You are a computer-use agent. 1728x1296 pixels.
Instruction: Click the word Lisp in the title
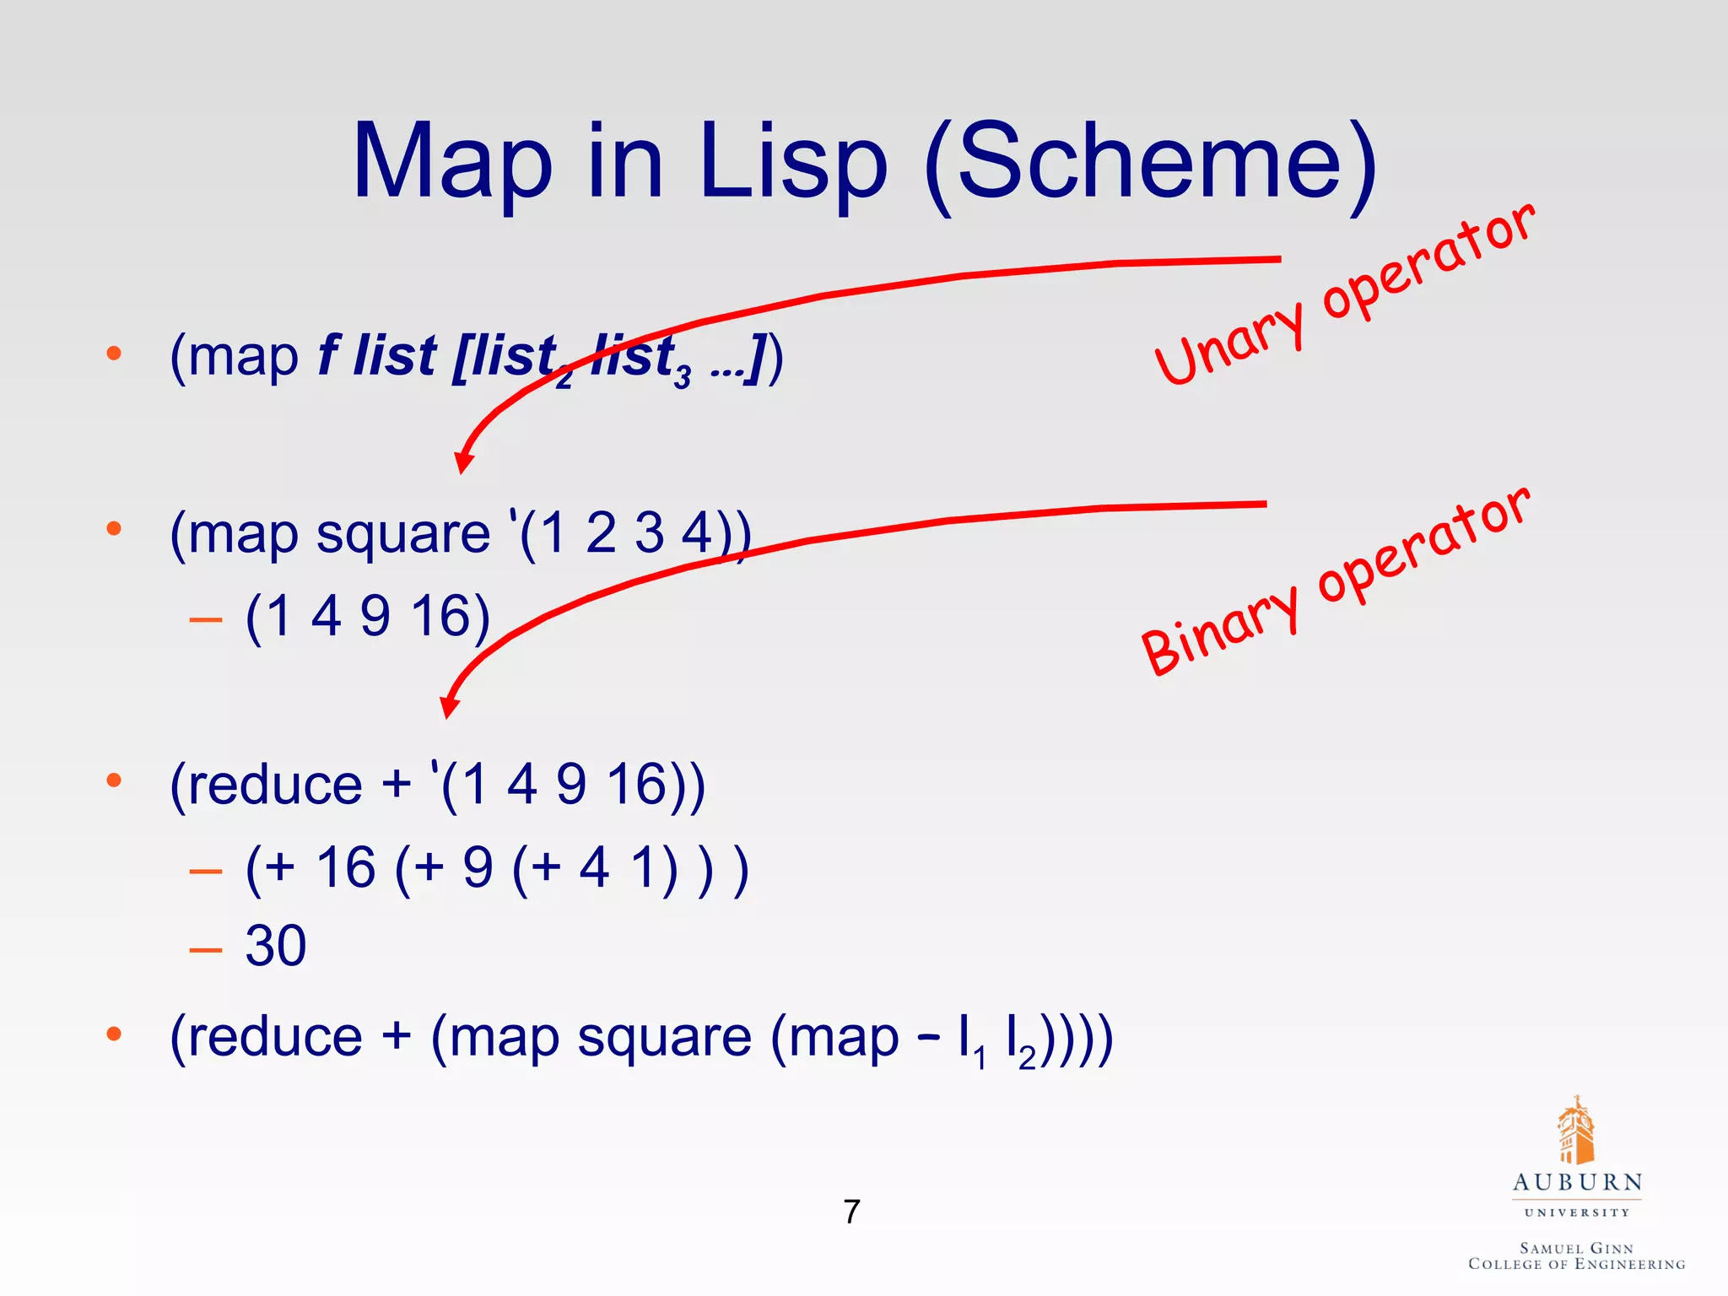tap(793, 162)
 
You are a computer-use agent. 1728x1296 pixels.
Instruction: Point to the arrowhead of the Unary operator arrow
tap(463, 462)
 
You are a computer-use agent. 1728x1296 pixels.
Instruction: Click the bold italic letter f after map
tap(328, 354)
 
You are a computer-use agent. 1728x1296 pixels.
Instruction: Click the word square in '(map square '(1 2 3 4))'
tap(402, 534)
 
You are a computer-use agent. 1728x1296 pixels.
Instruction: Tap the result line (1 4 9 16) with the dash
tap(367, 616)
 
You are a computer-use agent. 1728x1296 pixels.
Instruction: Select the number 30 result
tap(276, 945)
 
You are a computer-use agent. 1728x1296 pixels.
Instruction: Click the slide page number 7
tap(851, 1212)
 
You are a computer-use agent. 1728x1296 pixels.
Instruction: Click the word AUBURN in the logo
tap(1577, 1182)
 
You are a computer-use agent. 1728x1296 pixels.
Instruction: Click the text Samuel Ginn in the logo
tap(1576, 1248)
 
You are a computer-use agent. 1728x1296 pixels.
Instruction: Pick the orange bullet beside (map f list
tap(114, 354)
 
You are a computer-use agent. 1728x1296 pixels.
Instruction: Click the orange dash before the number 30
tap(206, 950)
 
